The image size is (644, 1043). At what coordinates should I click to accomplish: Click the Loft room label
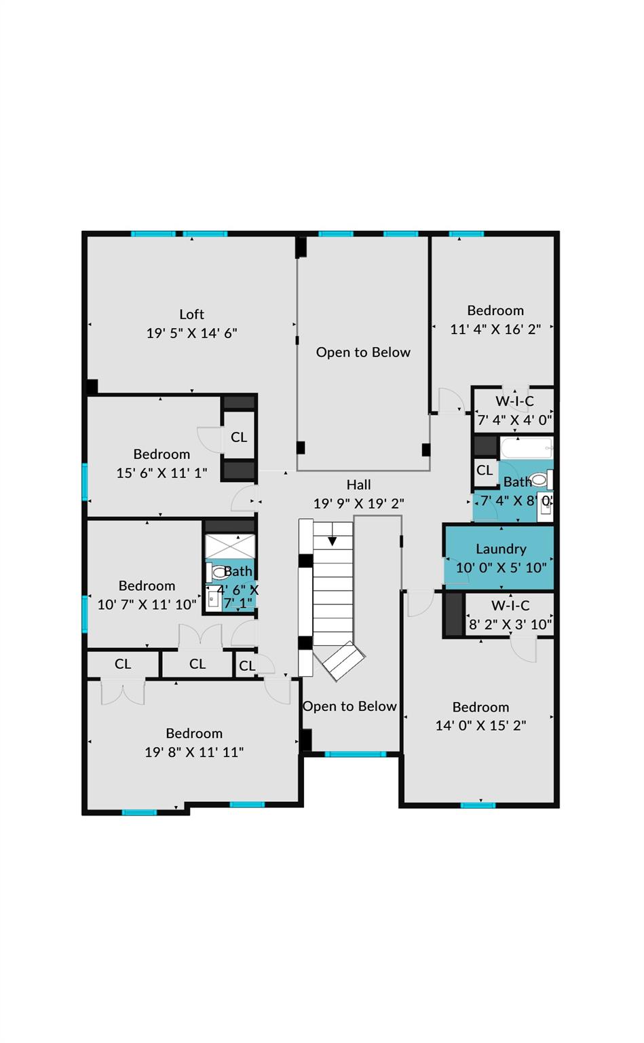pos(191,314)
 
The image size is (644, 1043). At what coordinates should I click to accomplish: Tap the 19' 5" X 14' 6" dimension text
pos(191,333)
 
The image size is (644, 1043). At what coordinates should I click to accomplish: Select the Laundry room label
pos(501,549)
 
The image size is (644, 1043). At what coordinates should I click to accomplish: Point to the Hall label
pos(358,485)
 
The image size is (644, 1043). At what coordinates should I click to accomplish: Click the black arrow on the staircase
pos(333,541)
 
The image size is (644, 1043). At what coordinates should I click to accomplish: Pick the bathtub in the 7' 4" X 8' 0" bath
pos(527,448)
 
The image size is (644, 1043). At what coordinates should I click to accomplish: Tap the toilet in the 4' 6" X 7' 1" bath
pos(219,572)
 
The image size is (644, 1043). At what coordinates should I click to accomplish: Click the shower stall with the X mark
pos(230,547)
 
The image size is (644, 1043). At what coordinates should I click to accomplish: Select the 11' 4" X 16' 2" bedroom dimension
pos(495,329)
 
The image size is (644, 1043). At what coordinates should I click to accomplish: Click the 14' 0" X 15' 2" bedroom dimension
pos(480,725)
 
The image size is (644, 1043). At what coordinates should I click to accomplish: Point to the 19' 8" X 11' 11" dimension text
pos(194,752)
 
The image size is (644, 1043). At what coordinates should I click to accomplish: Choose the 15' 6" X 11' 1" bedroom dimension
pos(162,473)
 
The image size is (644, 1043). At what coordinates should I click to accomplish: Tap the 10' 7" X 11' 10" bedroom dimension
pos(147,604)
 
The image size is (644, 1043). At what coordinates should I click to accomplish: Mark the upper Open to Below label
pos(363,352)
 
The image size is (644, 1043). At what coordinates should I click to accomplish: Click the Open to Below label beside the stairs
pos(349,706)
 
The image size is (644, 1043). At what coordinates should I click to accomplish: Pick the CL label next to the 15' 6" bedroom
pos(239,437)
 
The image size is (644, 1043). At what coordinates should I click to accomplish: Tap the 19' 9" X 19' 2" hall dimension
pos(358,504)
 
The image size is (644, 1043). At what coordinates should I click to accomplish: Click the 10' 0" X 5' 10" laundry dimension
pos(501,568)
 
